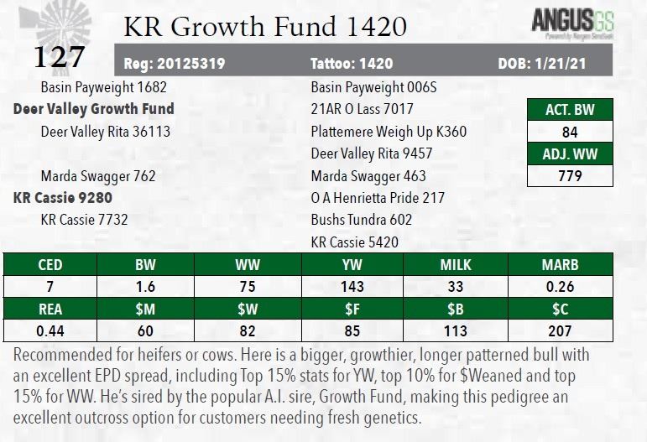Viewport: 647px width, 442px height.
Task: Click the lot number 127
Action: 59,56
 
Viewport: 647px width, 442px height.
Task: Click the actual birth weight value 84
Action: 570,133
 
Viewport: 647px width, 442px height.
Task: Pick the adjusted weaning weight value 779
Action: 570,176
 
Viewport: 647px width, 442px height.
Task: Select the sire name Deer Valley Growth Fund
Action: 94,109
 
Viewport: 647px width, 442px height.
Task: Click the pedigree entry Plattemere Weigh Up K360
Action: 389,132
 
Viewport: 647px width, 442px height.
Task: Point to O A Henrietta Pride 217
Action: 378,198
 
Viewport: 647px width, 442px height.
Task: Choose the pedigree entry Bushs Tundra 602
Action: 362,220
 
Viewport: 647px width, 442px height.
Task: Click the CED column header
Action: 50,265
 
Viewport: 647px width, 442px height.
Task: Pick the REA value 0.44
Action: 50,330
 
